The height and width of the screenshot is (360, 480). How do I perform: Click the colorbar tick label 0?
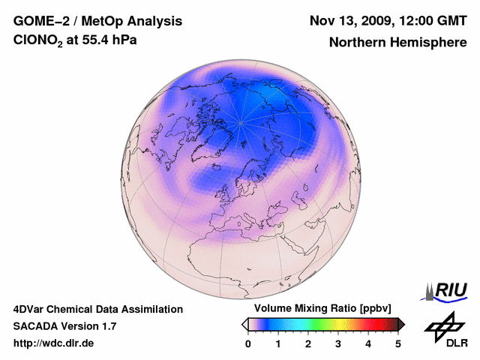click(x=248, y=343)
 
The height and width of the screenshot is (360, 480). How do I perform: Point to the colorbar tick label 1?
click(x=278, y=343)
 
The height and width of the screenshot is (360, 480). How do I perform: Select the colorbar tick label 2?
click(x=308, y=343)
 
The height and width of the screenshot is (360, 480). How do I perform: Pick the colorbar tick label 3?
click(x=338, y=343)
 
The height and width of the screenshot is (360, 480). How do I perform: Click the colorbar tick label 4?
click(x=368, y=343)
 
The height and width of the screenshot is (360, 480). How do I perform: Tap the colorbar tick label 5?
click(x=398, y=343)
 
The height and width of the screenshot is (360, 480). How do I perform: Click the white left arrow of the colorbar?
click(x=244, y=324)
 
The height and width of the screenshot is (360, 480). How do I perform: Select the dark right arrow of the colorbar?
click(x=402, y=324)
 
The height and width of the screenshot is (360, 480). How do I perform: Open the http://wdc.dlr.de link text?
click(x=54, y=343)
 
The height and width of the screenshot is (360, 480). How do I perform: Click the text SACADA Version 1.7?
click(x=64, y=326)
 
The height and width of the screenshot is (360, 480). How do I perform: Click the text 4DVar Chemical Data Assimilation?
click(x=98, y=309)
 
